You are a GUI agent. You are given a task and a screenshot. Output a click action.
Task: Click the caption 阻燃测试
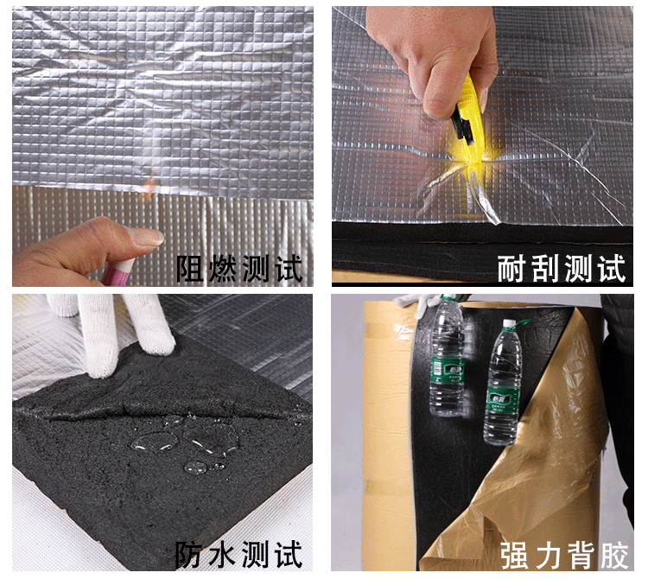tap(238, 268)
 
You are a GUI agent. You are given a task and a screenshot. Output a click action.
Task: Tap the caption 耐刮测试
tap(562, 268)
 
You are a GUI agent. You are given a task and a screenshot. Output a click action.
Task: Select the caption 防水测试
tap(238, 555)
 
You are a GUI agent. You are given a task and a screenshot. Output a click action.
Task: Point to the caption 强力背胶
tap(564, 556)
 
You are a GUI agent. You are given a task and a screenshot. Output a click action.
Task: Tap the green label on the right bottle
tap(501, 398)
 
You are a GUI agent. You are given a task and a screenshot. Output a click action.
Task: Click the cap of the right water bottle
tap(509, 322)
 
